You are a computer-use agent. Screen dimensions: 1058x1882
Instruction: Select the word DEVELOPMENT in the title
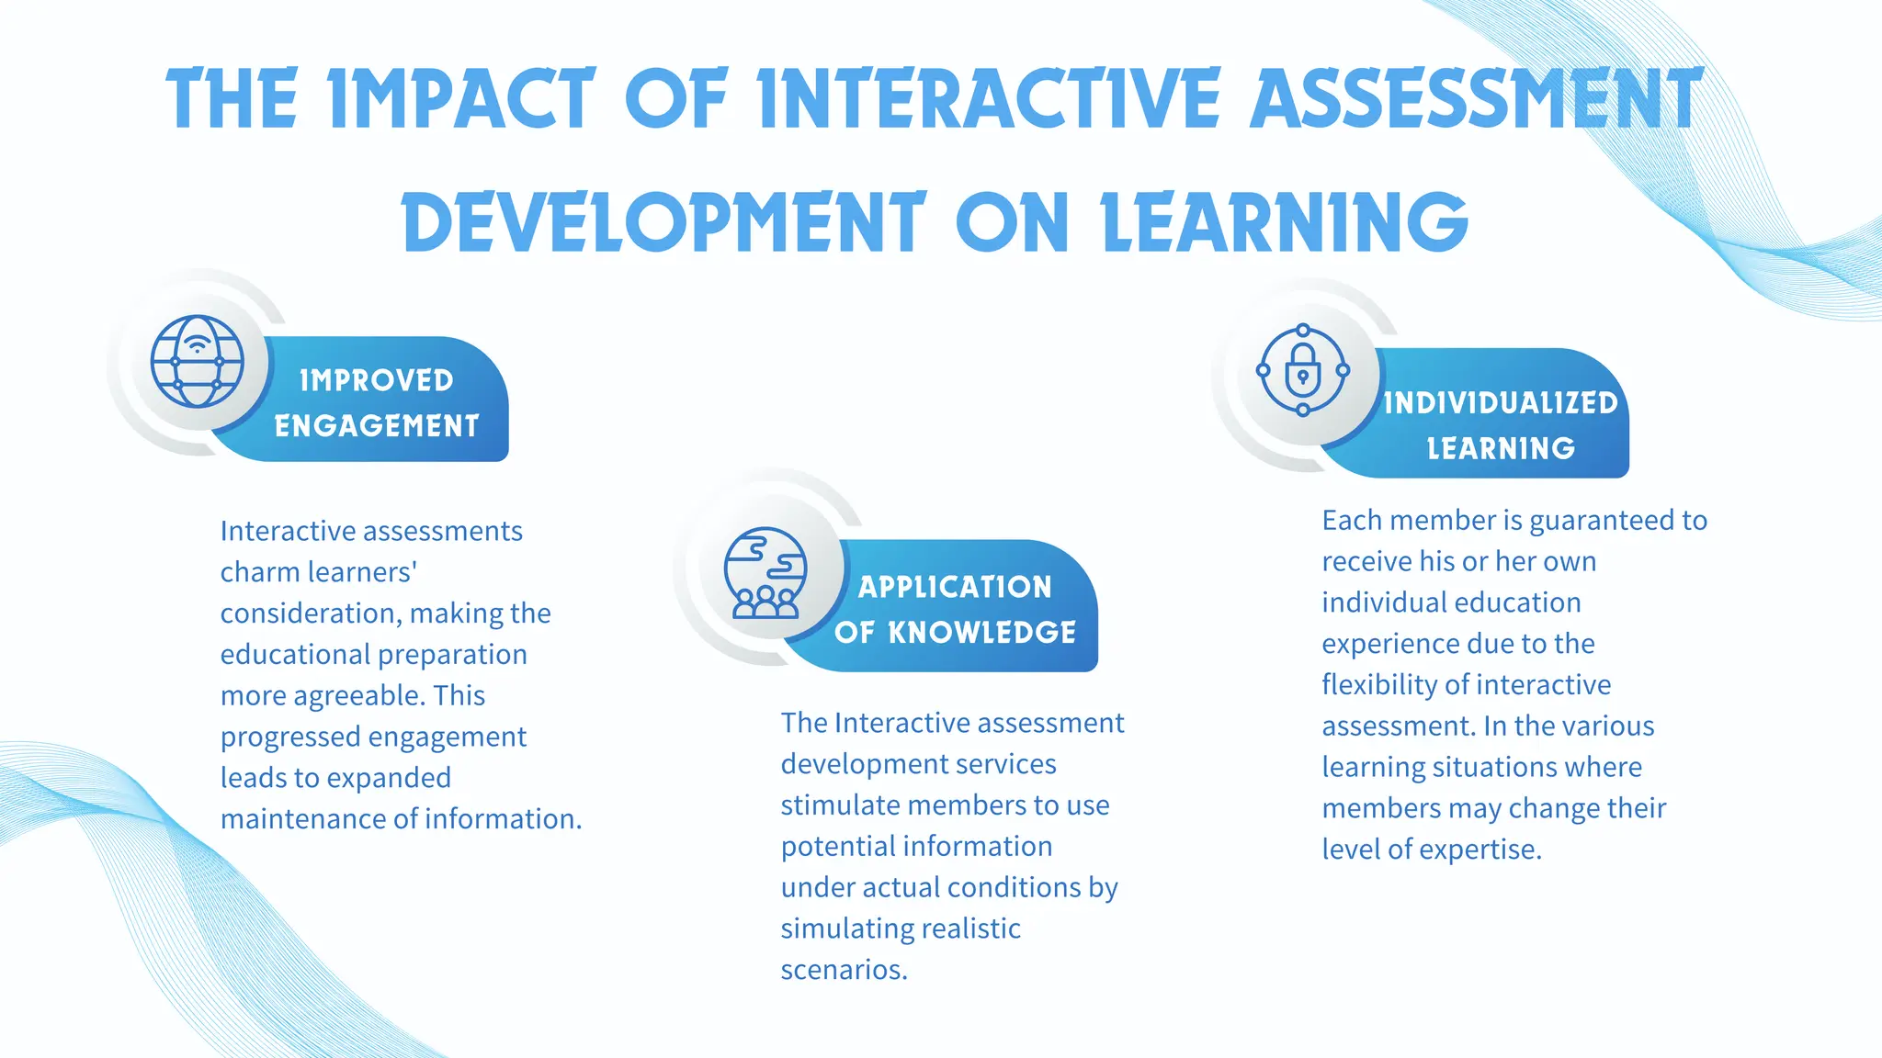click(663, 222)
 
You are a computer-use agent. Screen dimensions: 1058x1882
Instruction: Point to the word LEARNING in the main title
click(1285, 222)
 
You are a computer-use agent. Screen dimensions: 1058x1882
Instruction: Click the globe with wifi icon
click(198, 361)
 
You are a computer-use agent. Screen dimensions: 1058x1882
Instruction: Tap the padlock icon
click(1303, 371)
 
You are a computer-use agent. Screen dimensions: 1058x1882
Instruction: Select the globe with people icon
click(765, 572)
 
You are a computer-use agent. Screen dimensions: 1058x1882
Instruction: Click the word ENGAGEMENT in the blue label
click(377, 426)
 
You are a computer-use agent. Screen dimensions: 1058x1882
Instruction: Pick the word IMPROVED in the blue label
click(377, 380)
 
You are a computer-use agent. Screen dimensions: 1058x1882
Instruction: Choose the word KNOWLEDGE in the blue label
click(982, 632)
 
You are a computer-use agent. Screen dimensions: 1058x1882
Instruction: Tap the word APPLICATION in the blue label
click(955, 587)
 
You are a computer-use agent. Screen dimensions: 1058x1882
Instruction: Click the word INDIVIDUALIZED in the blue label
click(1501, 402)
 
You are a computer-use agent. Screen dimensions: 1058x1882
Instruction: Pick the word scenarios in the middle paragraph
click(844, 970)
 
